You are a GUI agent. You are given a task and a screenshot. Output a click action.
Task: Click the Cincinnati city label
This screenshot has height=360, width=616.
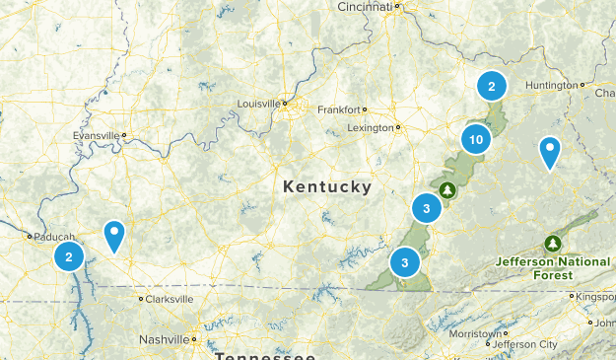coord(365,7)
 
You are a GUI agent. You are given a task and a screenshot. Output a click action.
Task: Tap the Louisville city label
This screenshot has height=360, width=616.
coord(259,103)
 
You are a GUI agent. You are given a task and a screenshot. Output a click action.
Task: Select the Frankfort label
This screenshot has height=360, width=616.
coord(339,109)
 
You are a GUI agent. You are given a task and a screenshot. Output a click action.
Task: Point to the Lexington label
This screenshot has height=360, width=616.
coord(370,127)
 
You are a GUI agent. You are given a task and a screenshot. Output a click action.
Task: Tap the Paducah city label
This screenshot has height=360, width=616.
coord(47,237)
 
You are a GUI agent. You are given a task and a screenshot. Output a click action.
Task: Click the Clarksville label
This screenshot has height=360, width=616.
coord(169,298)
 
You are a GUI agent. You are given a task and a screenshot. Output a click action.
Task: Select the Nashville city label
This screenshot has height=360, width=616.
coord(165,339)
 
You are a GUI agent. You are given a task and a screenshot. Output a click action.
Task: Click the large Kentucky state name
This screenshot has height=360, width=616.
coord(327,186)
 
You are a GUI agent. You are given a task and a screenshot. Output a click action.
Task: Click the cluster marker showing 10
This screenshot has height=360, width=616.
coord(476,139)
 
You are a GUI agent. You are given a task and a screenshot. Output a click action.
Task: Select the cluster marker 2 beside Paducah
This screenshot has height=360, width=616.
coord(69,257)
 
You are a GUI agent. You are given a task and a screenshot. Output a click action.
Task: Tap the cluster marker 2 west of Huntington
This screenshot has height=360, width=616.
coord(491,86)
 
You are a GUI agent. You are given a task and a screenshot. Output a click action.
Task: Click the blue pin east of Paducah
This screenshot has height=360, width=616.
coord(115,235)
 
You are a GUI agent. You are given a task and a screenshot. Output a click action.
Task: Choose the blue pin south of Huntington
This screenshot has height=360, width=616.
coord(549,151)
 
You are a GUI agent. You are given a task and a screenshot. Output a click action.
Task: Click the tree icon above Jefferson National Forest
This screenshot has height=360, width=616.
coord(553,242)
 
